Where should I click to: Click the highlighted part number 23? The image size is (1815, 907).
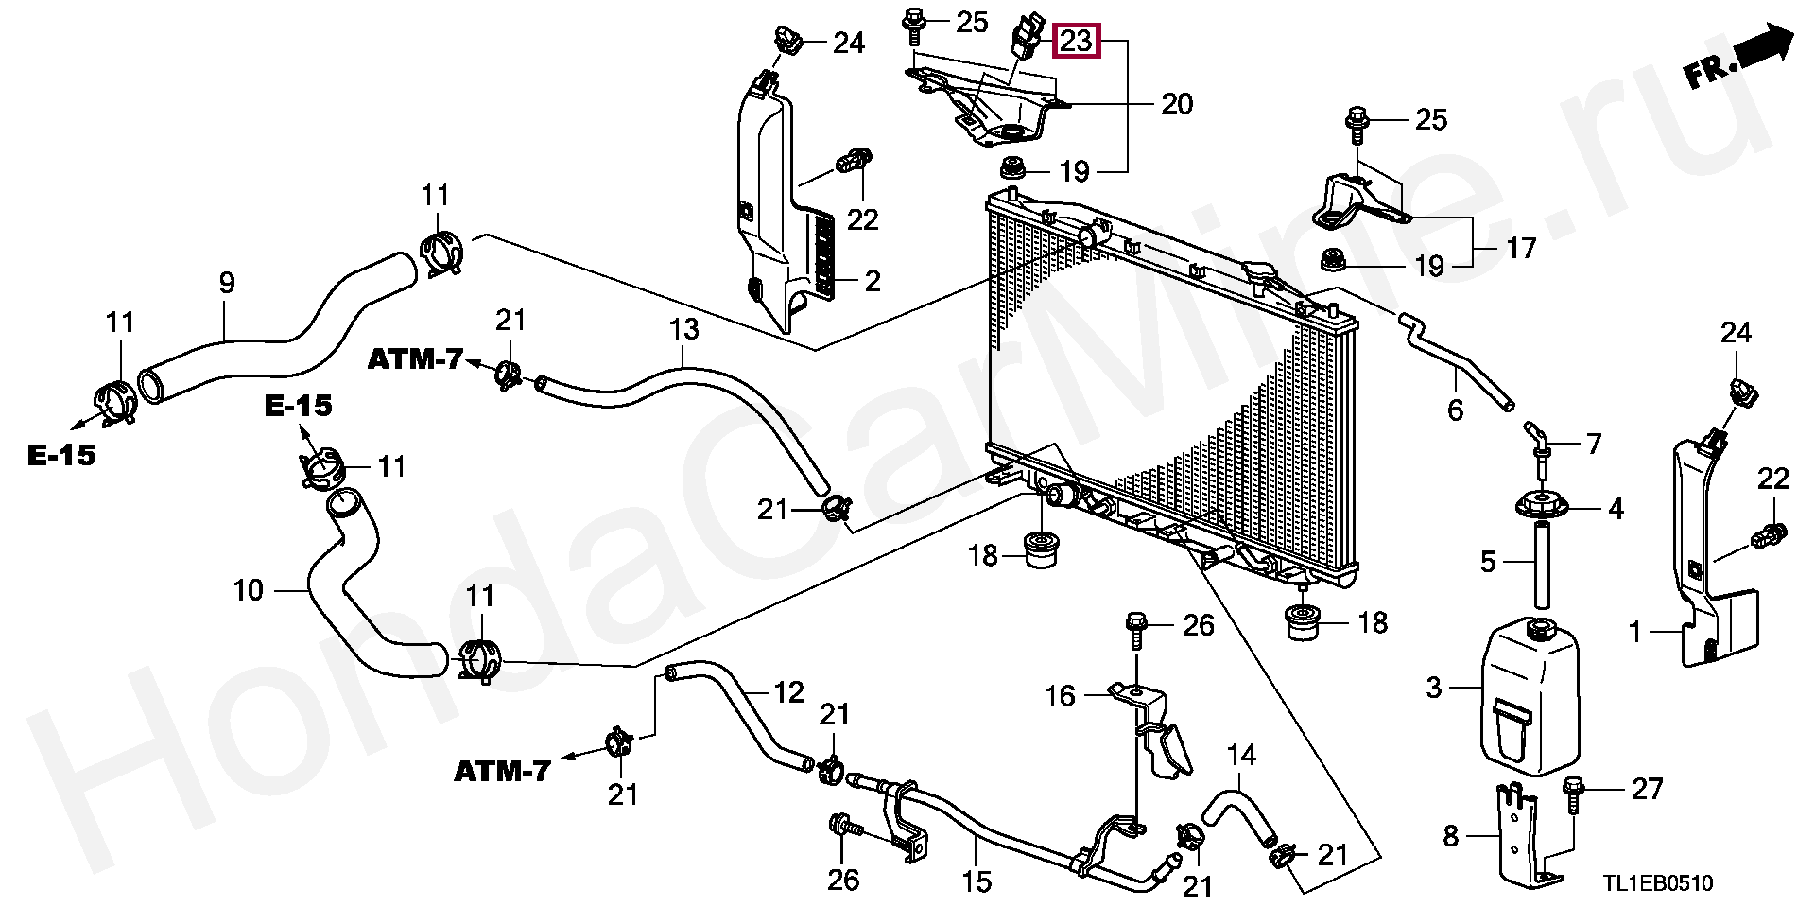click(x=1076, y=42)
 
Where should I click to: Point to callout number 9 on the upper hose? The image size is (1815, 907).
click(x=226, y=283)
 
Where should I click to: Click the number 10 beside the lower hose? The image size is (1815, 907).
click(x=248, y=591)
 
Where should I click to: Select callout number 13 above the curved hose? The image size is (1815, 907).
click(x=683, y=329)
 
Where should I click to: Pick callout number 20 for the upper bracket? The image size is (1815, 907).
click(x=1176, y=103)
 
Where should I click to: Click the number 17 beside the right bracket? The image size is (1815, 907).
click(x=1520, y=248)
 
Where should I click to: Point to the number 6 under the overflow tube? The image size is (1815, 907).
click(x=1455, y=410)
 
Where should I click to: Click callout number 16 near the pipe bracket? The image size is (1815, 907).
click(x=1060, y=696)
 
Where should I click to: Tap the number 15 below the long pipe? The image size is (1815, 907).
click(x=977, y=881)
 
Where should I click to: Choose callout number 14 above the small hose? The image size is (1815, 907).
click(x=1241, y=755)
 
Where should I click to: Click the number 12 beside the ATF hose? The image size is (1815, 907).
click(x=788, y=692)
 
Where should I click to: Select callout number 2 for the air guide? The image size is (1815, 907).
click(x=872, y=281)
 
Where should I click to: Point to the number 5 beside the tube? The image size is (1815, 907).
click(x=1487, y=562)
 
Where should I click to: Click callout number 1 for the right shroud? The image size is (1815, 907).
click(x=1635, y=632)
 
